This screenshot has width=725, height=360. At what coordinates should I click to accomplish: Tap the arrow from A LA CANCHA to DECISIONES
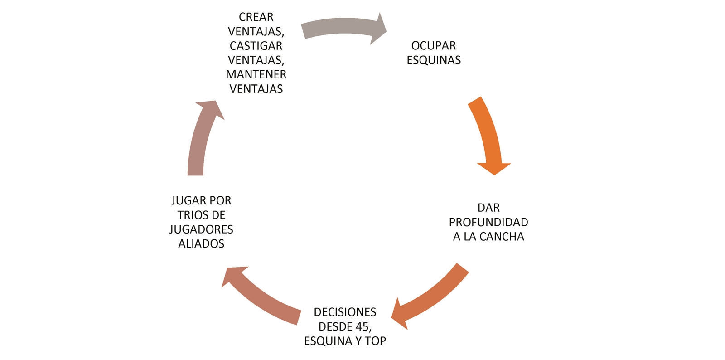point(430,297)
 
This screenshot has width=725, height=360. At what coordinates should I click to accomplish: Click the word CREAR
point(256,17)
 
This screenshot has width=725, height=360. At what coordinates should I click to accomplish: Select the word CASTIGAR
point(256,46)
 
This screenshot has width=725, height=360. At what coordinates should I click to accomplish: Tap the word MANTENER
point(256,74)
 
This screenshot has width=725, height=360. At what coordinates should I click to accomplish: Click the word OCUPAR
point(434,46)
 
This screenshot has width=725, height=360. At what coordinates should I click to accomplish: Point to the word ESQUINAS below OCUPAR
point(434,60)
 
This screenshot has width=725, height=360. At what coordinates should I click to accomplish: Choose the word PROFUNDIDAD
point(488,222)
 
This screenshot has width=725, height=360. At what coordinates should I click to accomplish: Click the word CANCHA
point(502,237)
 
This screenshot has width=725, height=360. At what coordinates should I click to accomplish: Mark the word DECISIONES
point(345,312)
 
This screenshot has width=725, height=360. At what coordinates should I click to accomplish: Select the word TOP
point(375,341)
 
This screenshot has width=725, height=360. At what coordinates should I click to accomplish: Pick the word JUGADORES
point(201,229)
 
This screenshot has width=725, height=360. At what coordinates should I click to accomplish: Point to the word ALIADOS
point(201,244)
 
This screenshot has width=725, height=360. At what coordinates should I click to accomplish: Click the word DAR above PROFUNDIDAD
point(488,208)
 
